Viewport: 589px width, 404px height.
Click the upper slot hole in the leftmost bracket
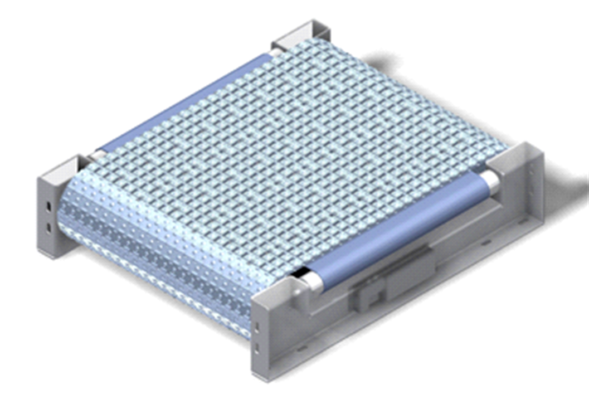48,207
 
